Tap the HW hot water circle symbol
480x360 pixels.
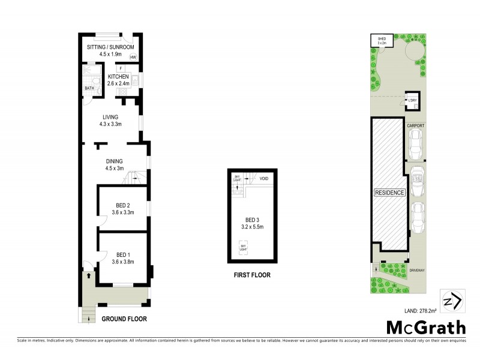(133, 58)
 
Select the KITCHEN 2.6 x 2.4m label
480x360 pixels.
(119, 80)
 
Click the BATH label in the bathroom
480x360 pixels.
(89, 89)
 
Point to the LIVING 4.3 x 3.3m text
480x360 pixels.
(110, 121)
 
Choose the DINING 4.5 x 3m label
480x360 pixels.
(114, 164)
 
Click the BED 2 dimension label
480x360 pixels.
(125, 209)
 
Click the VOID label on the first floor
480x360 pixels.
(263, 179)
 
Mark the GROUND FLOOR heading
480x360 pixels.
(124, 319)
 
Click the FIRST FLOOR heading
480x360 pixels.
(252, 275)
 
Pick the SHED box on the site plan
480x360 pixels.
(382, 41)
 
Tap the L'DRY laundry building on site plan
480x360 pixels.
(412, 100)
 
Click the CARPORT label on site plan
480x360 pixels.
(416, 125)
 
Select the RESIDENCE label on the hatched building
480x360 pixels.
(390, 193)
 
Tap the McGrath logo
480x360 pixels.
(425, 328)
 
